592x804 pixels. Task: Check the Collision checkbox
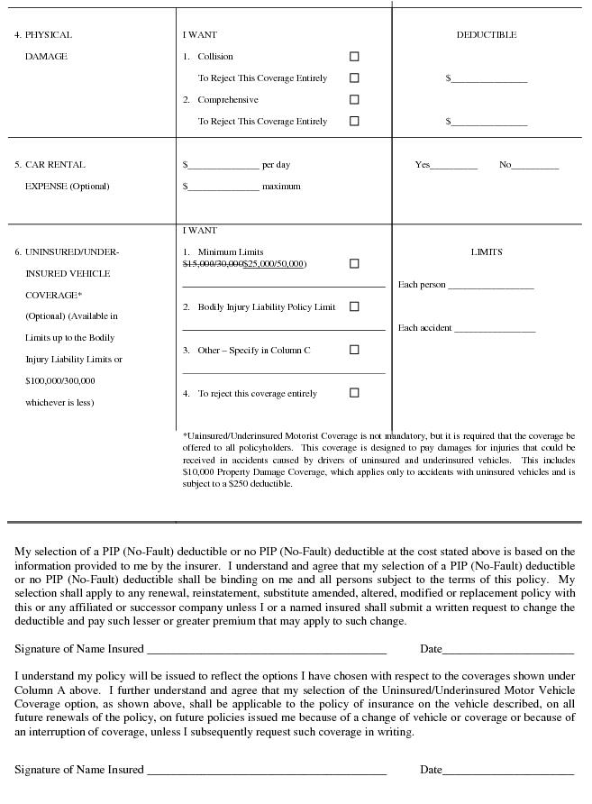354,57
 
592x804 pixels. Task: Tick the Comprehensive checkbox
354,100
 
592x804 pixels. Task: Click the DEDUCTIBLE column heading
487,35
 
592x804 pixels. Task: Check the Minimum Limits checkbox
354,264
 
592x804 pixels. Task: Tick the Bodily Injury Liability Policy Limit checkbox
354,306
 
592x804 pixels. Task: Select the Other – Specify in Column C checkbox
354,350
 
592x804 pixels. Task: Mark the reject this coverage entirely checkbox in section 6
354,393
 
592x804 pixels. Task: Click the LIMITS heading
487,252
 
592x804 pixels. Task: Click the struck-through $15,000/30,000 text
213,264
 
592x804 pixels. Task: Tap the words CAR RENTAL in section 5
55,165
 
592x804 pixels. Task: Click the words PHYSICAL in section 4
49,35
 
